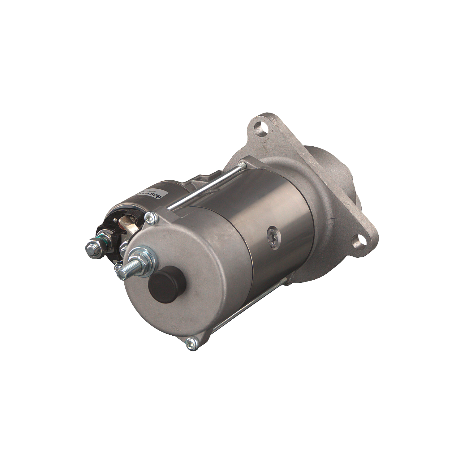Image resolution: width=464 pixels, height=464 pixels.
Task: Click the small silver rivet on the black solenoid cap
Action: point(115,220)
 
